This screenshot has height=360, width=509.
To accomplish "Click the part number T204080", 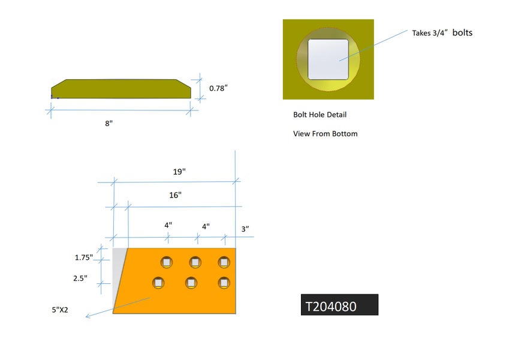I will (x=331, y=306).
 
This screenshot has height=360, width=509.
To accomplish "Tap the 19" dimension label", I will (x=179, y=172).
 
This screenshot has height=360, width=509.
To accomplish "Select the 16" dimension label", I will (x=175, y=195).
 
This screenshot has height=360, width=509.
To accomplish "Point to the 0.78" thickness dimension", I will (x=218, y=88).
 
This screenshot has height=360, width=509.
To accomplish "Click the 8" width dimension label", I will (x=109, y=124).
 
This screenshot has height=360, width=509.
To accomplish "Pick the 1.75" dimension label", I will (x=84, y=257).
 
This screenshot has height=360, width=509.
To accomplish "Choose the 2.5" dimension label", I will (x=81, y=278).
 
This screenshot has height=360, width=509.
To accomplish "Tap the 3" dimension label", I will (x=245, y=229).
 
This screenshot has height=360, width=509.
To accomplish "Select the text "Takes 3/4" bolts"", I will (x=442, y=33).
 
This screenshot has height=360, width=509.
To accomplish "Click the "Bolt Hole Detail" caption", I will (x=320, y=115).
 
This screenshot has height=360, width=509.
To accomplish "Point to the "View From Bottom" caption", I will (x=325, y=134).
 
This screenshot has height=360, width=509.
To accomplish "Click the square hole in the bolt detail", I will (x=328, y=59).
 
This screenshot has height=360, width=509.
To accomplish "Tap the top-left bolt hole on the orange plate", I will (x=166, y=262).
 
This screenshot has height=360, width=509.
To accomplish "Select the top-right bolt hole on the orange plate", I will (x=224, y=262).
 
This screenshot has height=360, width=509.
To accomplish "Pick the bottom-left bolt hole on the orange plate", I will (x=158, y=283).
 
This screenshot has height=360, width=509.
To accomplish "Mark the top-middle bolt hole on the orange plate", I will (x=195, y=262).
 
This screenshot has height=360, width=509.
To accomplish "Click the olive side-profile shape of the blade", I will (x=121, y=89).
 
